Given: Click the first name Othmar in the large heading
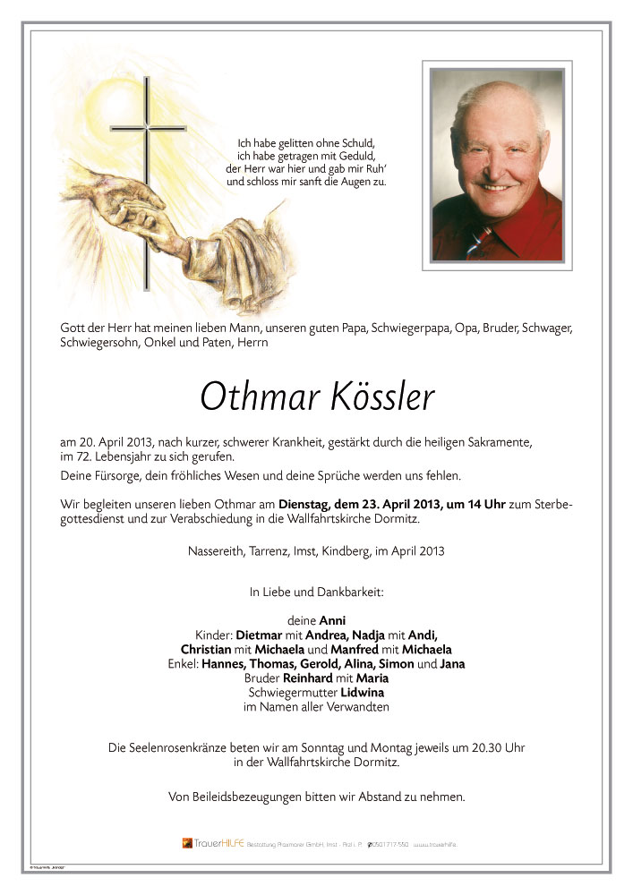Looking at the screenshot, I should (252, 396).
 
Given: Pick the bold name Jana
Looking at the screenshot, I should (452, 664).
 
